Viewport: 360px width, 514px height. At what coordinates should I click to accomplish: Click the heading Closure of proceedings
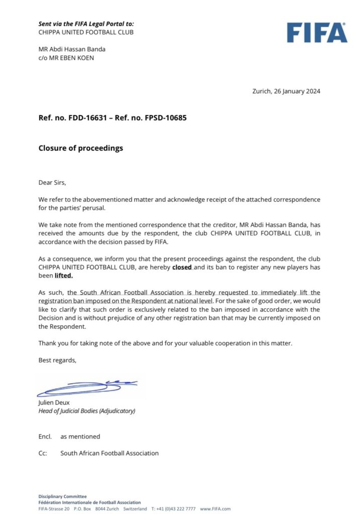pos(80,148)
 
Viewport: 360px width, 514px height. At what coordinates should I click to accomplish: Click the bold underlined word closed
pos(182,268)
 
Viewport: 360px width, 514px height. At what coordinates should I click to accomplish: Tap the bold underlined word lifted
pos(63,275)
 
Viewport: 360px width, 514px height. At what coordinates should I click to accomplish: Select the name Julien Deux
pos(54,403)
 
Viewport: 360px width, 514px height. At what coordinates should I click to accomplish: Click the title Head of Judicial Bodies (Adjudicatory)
pos(86,411)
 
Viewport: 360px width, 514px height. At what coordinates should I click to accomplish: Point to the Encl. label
pos(45,436)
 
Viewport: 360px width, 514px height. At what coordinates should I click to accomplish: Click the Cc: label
pos(43,453)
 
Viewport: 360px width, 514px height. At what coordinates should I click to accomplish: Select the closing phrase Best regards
pos(57,360)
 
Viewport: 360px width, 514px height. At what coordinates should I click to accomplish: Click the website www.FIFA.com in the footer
pos(215,508)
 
